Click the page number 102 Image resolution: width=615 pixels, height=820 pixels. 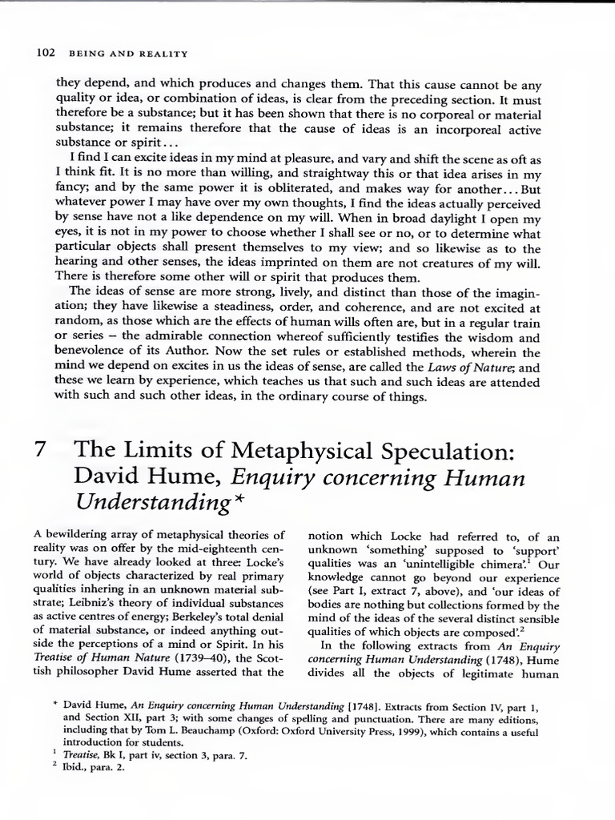point(45,54)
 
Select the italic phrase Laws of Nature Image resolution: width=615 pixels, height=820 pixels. point(464,368)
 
